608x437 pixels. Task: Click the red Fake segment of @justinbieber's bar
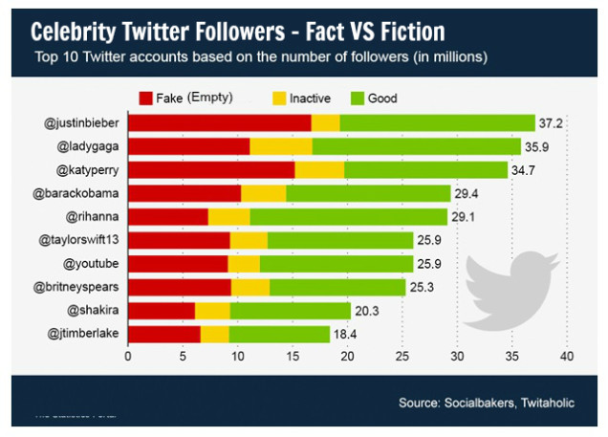(219, 122)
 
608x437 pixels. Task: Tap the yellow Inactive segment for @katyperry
(318, 169)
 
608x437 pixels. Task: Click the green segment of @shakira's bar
(290, 310)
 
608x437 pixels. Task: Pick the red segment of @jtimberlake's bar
(163, 334)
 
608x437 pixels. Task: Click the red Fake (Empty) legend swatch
(146, 98)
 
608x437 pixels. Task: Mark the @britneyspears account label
(78, 287)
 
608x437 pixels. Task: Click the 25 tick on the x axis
(402, 357)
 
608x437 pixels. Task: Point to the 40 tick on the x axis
(567, 357)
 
